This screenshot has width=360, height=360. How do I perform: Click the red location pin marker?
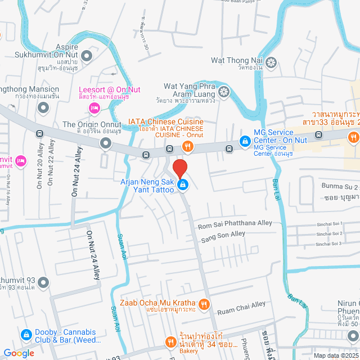click(179, 168)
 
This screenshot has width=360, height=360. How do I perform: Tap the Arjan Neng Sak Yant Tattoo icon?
click(183, 184)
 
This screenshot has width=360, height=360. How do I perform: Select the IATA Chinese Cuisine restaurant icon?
click(187, 147)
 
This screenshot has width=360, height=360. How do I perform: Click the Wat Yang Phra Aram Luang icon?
click(224, 91)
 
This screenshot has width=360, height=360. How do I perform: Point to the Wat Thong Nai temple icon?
click(271, 61)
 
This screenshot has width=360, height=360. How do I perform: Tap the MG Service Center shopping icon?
click(245, 140)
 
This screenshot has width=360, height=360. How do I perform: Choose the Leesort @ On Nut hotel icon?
click(94, 107)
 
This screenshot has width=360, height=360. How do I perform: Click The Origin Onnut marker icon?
click(106, 145)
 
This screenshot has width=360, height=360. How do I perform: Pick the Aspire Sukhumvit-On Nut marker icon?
click(87, 56)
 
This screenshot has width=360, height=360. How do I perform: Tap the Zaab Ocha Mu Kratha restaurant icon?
click(204, 304)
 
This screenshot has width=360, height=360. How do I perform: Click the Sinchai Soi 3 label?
click(330, 244)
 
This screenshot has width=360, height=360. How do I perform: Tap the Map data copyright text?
click(335, 355)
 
